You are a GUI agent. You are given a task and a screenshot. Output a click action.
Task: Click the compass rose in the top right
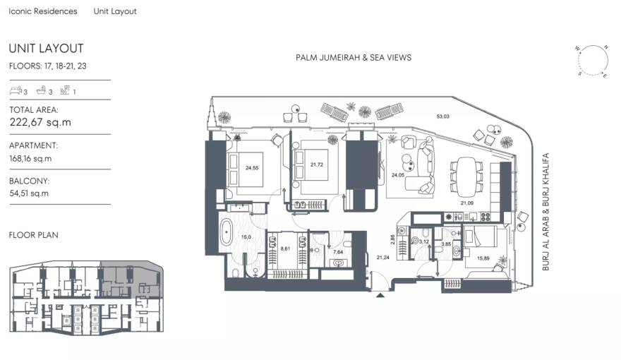click(x=591, y=60)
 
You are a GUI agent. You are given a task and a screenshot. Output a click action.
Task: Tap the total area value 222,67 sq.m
click(x=40, y=122)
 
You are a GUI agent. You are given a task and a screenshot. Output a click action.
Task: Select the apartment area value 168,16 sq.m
click(x=30, y=158)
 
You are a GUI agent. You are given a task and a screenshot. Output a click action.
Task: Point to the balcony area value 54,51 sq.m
click(x=29, y=193)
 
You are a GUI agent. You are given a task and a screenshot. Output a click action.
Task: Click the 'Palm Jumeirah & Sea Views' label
click(x=353, y=58)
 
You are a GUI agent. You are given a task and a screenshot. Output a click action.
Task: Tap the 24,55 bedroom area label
click(x=252, y=168)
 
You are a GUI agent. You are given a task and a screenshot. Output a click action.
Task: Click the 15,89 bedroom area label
click(x=483, y=257)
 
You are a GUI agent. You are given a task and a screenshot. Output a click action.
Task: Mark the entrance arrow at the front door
click(x=382, y=295)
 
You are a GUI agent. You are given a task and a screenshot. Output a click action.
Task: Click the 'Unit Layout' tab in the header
click(x=115, y=11)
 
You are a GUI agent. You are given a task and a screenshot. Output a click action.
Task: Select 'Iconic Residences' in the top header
click(x=43, y=11)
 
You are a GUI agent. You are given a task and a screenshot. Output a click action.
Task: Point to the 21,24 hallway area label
click(x=383, y=257)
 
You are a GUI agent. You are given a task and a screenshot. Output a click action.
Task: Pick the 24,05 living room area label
click(x=398, y=174)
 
